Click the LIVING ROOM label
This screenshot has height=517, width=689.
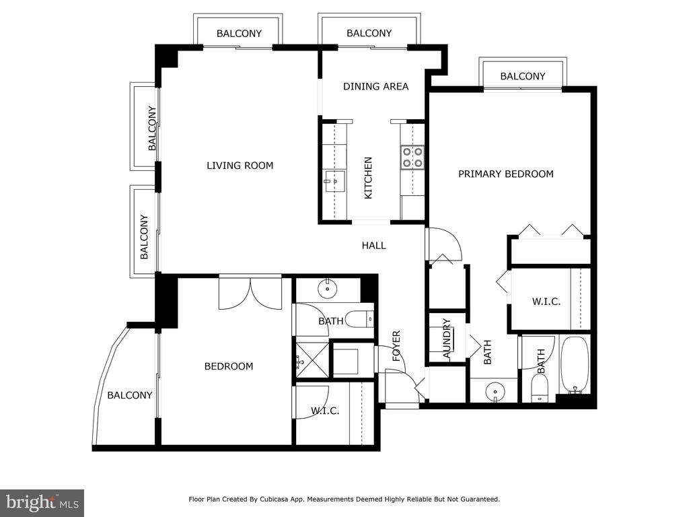[x=240, y=166]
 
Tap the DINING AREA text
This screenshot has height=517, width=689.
[x=375, y=87]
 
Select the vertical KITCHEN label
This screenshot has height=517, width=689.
[x=368, y=178]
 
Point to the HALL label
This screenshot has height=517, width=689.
[x=374, y=245]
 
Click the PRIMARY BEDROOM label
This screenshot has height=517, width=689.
[x=506, y=174]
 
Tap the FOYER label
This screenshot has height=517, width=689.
[x=396, y=346]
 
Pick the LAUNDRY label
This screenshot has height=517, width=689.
[x=447, y=339]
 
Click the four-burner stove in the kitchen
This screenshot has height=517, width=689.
[x=412, y=158]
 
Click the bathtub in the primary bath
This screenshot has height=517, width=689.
[x=575, y=365]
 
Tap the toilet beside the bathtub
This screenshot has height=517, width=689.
[x=540, y=388]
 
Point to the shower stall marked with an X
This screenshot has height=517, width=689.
[x=312, y=361]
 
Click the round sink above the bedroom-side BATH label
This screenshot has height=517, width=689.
[x=327, y=288]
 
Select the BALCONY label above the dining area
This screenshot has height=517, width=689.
[x=369, y=34]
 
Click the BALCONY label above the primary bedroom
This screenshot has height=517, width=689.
[x=523, y=77]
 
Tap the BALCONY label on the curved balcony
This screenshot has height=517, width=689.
[x=130, y=395]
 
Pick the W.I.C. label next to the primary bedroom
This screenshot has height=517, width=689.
[x=546, y=302]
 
